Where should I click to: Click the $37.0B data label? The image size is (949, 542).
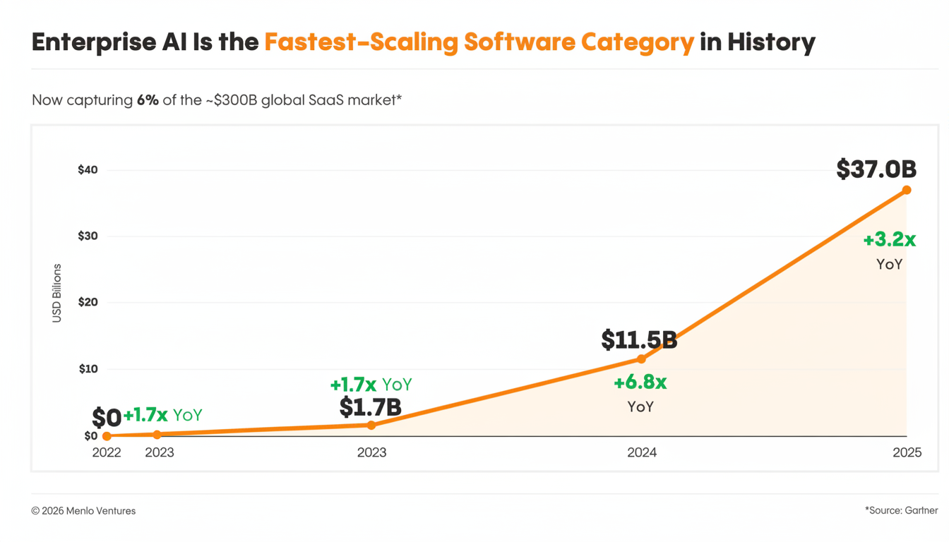876,169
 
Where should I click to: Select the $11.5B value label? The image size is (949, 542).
639,340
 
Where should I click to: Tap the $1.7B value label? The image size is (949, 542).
370,407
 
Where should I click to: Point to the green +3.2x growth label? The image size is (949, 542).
889,240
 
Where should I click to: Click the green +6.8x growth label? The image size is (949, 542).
640,383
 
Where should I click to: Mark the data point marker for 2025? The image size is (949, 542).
907,190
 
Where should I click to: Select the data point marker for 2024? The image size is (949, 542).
641,359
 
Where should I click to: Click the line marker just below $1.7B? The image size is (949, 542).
371,425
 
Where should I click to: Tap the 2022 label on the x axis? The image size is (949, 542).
107,452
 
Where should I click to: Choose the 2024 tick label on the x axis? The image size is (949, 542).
641,452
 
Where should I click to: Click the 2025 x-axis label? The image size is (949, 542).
907,452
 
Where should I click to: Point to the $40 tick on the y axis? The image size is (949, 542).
88,170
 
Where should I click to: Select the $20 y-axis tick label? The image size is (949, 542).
88,302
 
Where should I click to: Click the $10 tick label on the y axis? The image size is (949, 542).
88,369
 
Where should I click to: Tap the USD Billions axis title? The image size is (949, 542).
57,293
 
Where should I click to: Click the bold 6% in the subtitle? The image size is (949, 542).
148,100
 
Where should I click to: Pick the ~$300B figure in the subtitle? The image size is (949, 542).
231,100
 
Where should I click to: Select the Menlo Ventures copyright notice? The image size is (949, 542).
83,511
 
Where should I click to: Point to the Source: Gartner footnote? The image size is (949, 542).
901,510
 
